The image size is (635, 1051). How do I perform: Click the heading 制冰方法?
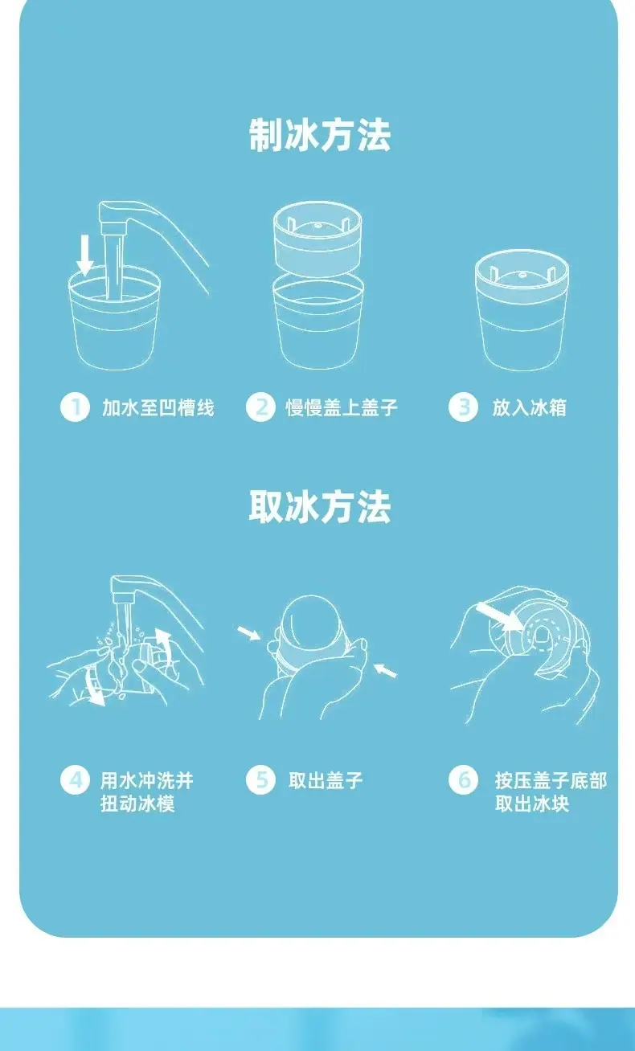click(320, 136)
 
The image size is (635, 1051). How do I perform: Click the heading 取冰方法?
click(320, 507)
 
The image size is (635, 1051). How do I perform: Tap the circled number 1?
click(75, 407)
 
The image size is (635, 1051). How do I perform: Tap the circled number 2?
click(260, 407)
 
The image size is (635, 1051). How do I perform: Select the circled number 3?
click(463, 407)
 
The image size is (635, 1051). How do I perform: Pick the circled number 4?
click(75, 779)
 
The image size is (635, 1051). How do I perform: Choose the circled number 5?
click(260, 779)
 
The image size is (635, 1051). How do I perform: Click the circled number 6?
click(463, 779)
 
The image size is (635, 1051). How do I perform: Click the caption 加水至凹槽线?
click(158, 407)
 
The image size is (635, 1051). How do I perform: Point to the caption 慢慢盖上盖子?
click(342, 407)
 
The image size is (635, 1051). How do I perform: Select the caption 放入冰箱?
click(530, 407)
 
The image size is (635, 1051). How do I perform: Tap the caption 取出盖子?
click(326, 780)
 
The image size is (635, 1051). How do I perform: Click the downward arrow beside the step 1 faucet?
click(85, 256)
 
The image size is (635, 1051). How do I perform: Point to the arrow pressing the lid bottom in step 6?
click(499, 616)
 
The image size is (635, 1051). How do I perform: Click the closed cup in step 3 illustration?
click(522, 310)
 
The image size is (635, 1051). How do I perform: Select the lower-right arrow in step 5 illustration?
click(385, 670)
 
